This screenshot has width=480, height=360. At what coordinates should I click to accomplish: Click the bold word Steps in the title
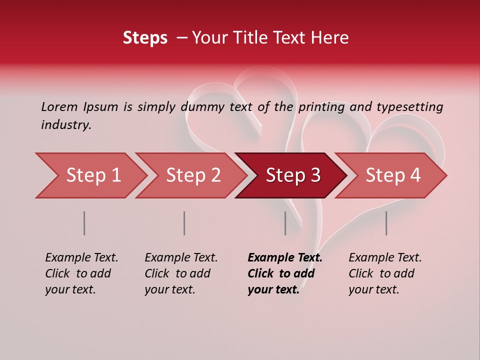[145, 38]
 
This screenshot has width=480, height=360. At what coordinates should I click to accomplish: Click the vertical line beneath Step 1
[84, 223]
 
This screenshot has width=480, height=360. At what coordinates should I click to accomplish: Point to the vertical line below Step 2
[184, 223]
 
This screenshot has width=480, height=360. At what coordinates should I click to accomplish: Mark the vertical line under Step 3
[285, 223]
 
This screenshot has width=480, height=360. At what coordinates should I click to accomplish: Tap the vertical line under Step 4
[386, 223]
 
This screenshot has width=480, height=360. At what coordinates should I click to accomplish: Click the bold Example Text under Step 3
[284, 273]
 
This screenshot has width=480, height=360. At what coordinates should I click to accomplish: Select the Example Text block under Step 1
[81, 273]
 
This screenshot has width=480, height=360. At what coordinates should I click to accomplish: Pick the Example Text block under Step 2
[181, 273]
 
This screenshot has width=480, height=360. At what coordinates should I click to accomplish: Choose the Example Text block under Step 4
[385, 273]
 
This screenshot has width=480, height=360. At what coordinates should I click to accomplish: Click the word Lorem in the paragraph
[59, 106]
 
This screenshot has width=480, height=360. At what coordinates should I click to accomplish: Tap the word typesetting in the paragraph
[409, 107]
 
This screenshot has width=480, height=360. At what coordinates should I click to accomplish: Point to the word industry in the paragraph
[66, 125]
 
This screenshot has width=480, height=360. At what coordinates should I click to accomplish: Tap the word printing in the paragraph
[321, 107]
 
